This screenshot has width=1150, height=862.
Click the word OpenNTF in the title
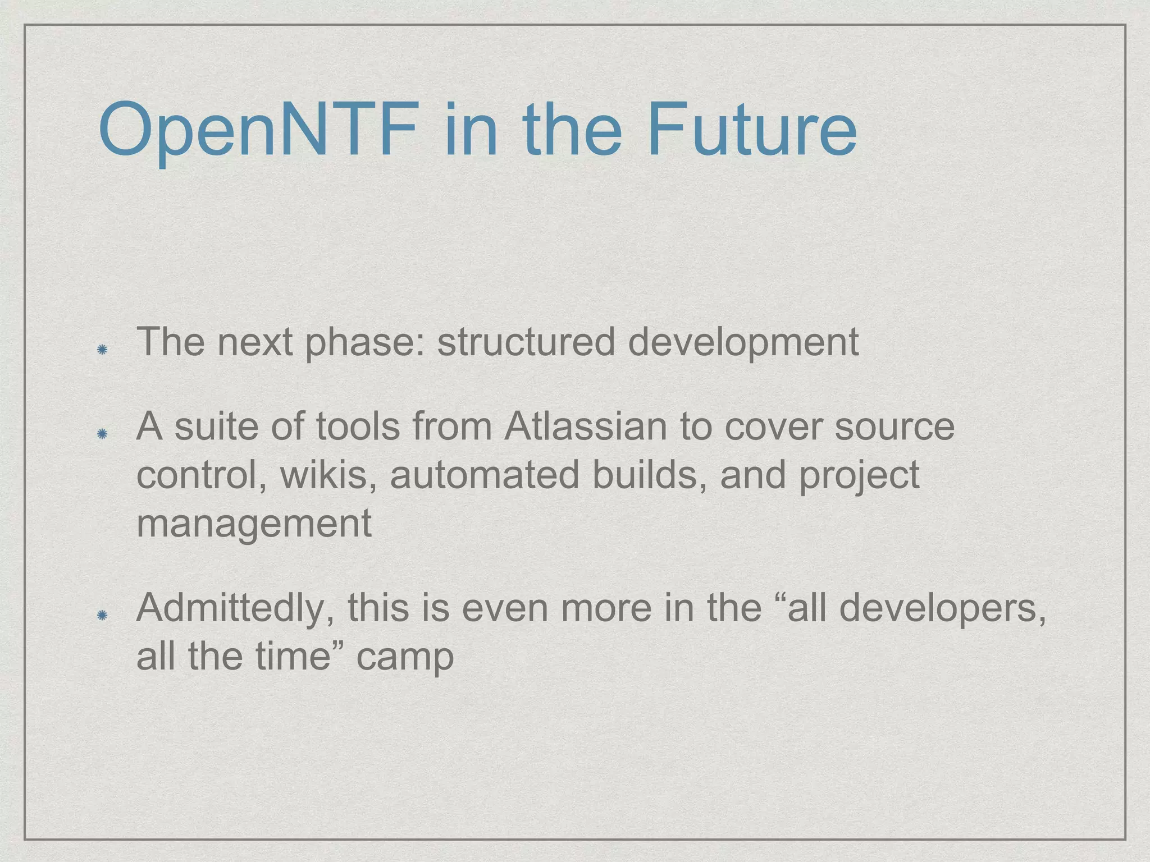pyautogui.click(x=258, y=130)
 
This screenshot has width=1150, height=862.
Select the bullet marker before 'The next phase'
pyautogui.click(x=102, y=350)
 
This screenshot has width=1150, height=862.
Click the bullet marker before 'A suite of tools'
pyautogui.click(x=102, y=434)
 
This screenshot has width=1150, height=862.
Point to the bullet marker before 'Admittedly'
pyautogui.click(x=102, y=616)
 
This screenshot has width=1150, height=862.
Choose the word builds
pyautogui.click(x=649, y=475)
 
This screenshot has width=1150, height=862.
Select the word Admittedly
pyautogui.click(x=236, y=608)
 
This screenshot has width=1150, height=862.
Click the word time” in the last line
pyautogui.click(x=300, y=655)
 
